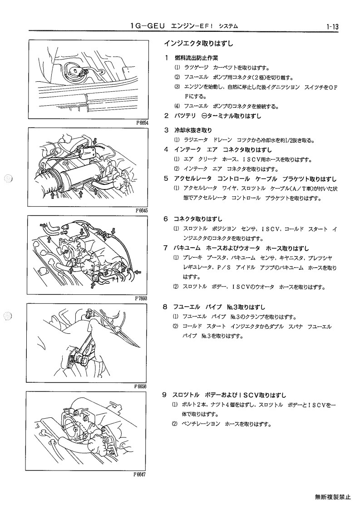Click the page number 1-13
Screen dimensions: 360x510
pos(332,27)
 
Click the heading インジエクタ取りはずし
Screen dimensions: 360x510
pos(198,43)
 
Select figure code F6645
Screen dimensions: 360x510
pos(142,210)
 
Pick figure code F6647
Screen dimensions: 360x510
pos(139,474)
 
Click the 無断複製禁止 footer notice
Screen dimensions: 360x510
pos(333,497)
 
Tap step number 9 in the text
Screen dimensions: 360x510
pos(165,395)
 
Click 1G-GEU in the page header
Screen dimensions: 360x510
pos(148,26)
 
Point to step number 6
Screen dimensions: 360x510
pos(166,219)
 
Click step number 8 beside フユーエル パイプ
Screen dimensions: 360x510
pos(165,307)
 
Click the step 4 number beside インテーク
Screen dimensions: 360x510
pos(166,150)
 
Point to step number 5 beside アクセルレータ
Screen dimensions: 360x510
pos(166,178)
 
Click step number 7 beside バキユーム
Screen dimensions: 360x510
pos(166,248)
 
